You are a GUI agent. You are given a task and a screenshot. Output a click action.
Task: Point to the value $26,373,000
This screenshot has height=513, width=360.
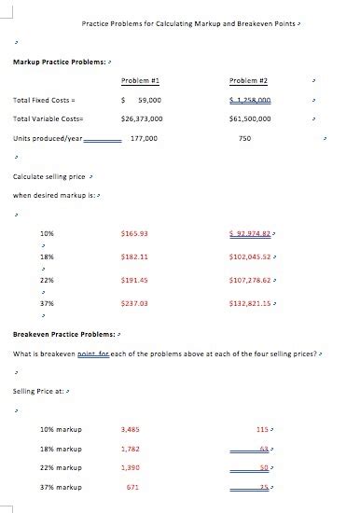(143, 119)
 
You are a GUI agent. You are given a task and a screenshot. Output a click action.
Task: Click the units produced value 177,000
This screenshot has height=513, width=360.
(145, 138)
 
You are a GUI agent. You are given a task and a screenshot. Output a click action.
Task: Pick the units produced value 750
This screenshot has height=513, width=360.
(244, 138)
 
